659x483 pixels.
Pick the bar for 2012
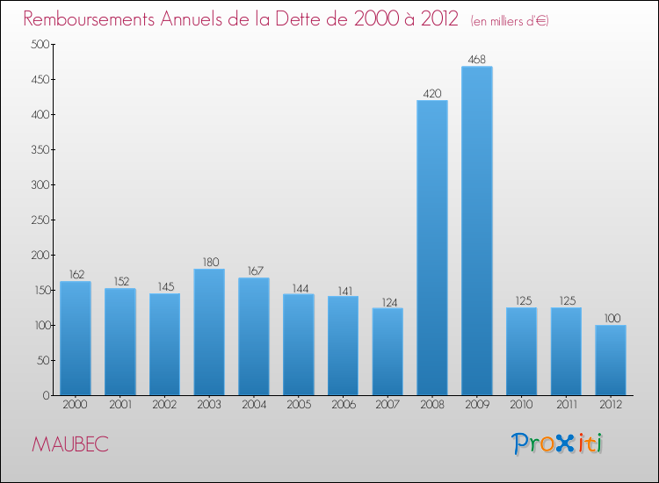[x=611, y=360]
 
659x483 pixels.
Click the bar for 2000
[x=76, y=338]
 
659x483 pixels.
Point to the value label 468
[x=477, y=60]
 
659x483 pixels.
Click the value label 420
[x=432, y=94]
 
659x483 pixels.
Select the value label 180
[x=209, y=262]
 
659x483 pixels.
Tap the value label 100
[x=611, y=318]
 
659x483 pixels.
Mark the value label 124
[x=387, y=301]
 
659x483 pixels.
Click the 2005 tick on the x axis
[x=299, y=406]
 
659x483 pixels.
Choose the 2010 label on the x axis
[x=522, y=406]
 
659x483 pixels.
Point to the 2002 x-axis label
[x=164, y=406]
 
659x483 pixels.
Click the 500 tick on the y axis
[x=39, y=45]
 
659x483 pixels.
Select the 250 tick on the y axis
[x=39, y=220]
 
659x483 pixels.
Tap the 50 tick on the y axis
[x=41, y=361]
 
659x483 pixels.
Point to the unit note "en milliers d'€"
[x=510, y=20]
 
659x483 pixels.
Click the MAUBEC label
[x=70, y=444]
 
